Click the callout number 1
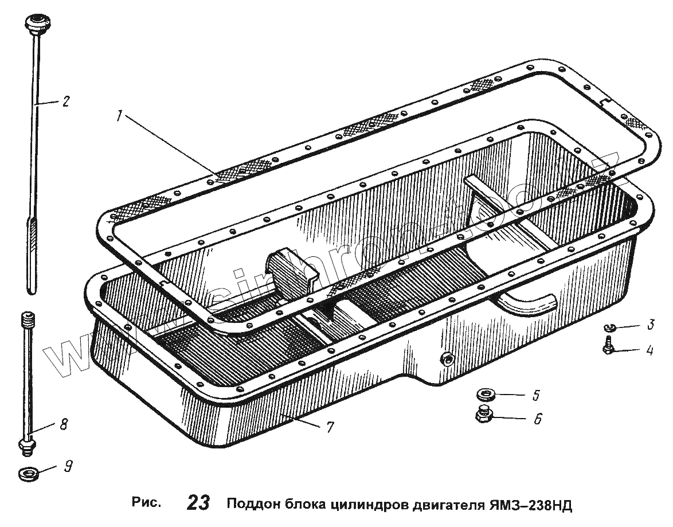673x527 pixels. tap(119, 116)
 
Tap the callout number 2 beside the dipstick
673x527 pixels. tap(66, 102)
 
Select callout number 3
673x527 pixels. tap(651, 325)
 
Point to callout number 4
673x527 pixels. tap(650, 350)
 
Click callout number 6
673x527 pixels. tap(537, 419)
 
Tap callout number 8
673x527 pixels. tap(64, 424)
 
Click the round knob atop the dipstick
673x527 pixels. tap(35, 26)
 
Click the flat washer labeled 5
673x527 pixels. tap(487, 395)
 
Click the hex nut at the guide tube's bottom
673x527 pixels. tap(26, 446)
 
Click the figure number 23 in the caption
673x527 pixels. tap(198, 503)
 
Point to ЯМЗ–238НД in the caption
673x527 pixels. tap(531, 505)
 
